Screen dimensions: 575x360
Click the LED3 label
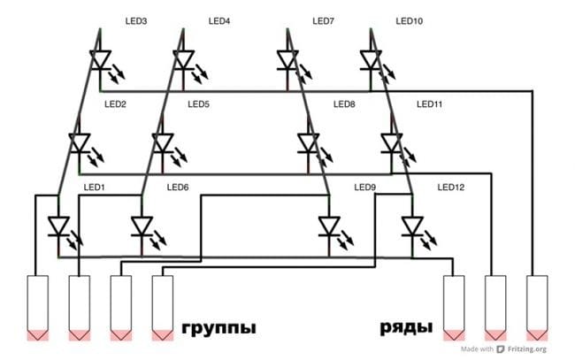coord(136,21)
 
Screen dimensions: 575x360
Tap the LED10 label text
coord(410,21)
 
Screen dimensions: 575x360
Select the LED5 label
coord(198,104)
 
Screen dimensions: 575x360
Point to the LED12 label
coord(450,188)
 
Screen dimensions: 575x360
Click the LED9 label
coord(364,188)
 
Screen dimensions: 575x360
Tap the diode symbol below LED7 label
coord(287,60)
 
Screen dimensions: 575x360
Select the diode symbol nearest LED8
coord(309,143)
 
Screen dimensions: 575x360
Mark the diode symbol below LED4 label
coord(183,60)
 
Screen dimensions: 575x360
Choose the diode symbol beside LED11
coord(392,143)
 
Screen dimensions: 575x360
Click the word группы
coord(218,328)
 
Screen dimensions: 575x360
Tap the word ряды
coord(406,327)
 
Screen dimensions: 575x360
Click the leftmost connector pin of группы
coord(38,308)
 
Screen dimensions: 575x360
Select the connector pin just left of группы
coord(163,308)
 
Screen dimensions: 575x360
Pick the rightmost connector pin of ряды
coord(537,308)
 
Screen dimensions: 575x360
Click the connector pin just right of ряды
coord(454,308)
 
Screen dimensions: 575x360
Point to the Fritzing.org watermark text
coord(527,349)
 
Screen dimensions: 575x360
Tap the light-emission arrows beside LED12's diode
coord(429,240)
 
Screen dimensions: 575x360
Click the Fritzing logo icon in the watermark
coord(500,349)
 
